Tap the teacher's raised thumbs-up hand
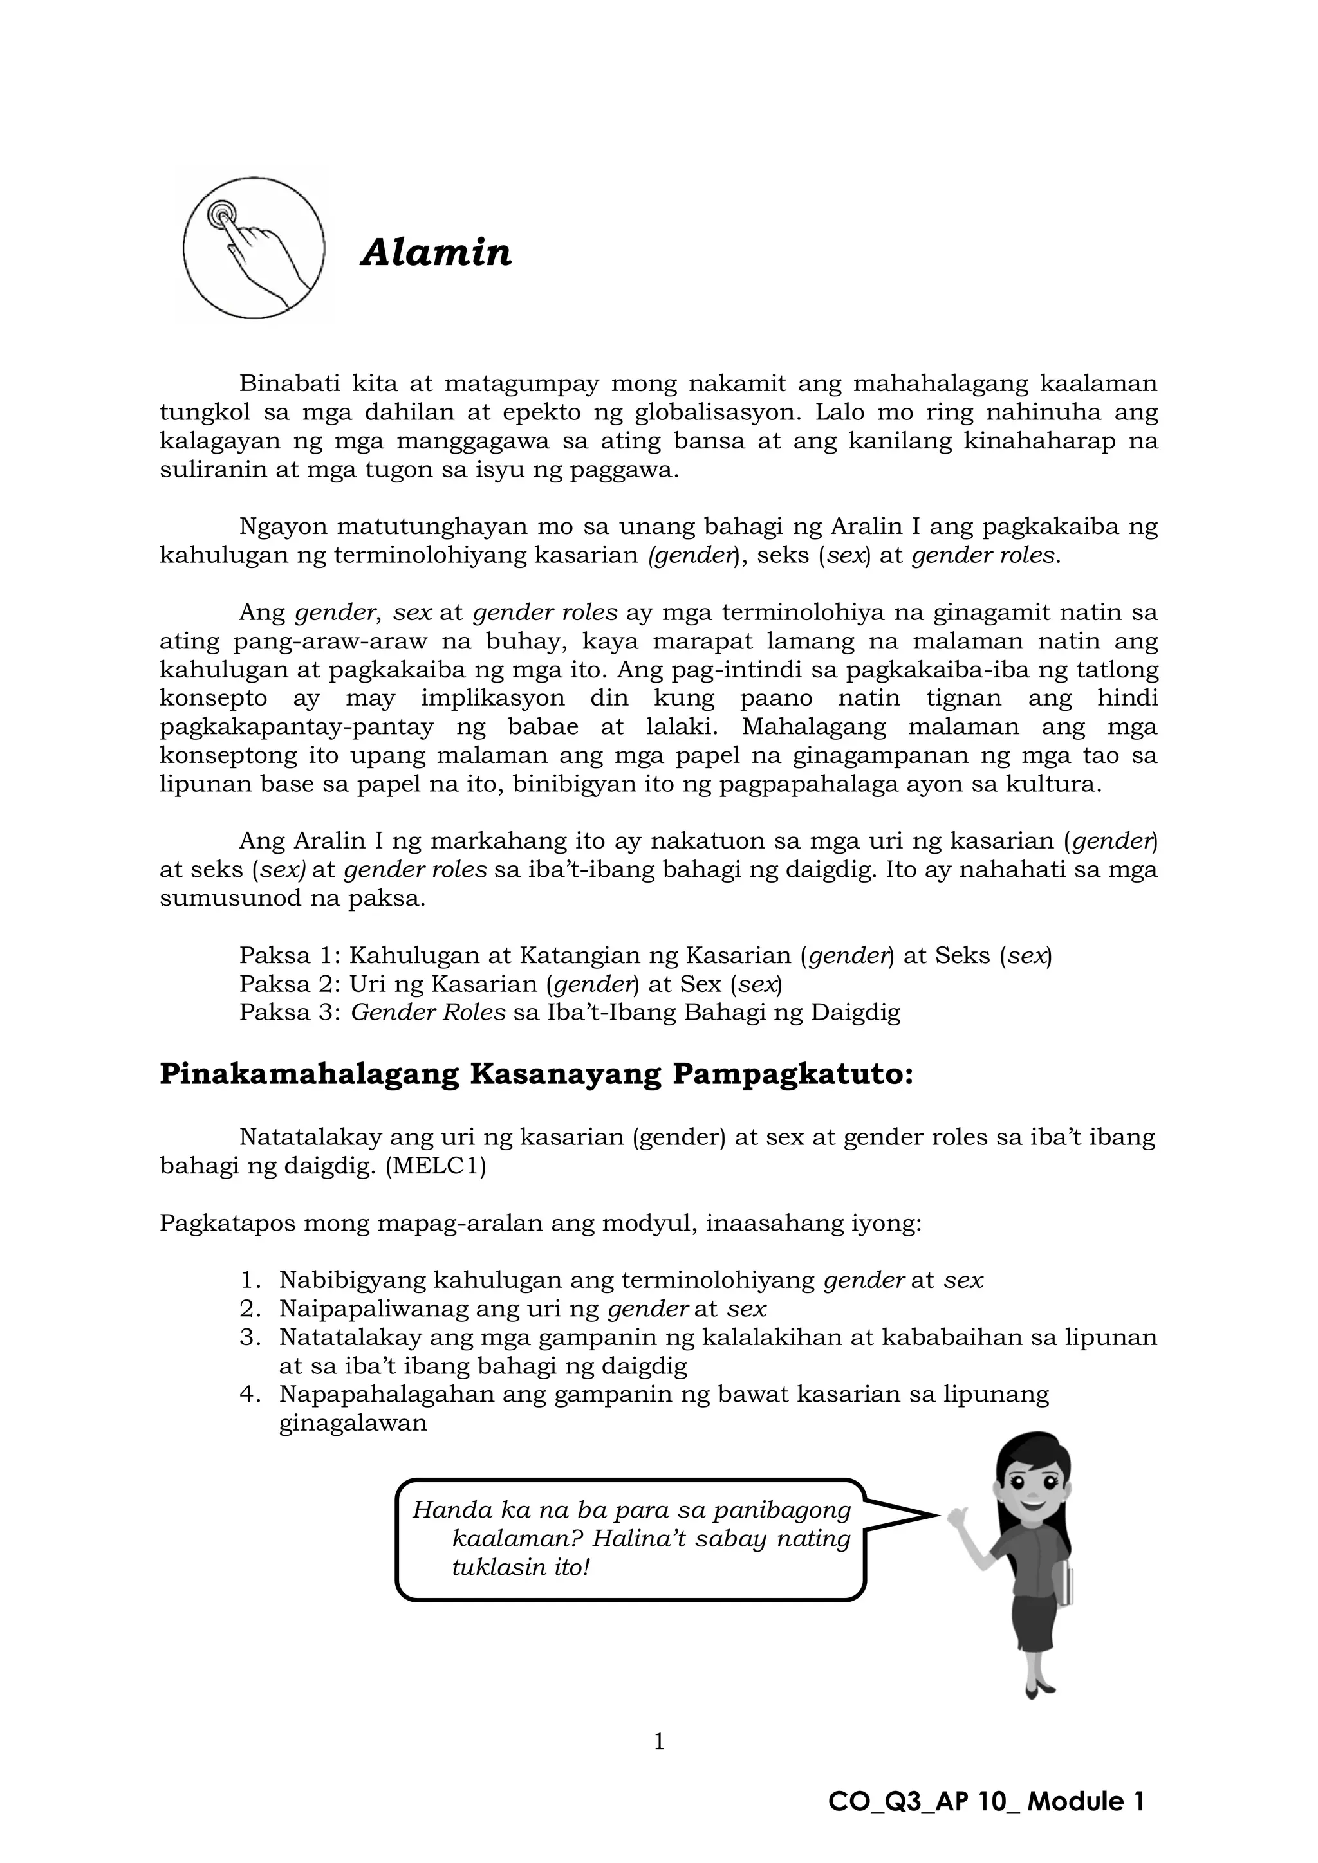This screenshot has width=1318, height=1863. tap(958, 1514)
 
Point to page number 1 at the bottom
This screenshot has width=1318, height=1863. tap(659, 1741)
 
